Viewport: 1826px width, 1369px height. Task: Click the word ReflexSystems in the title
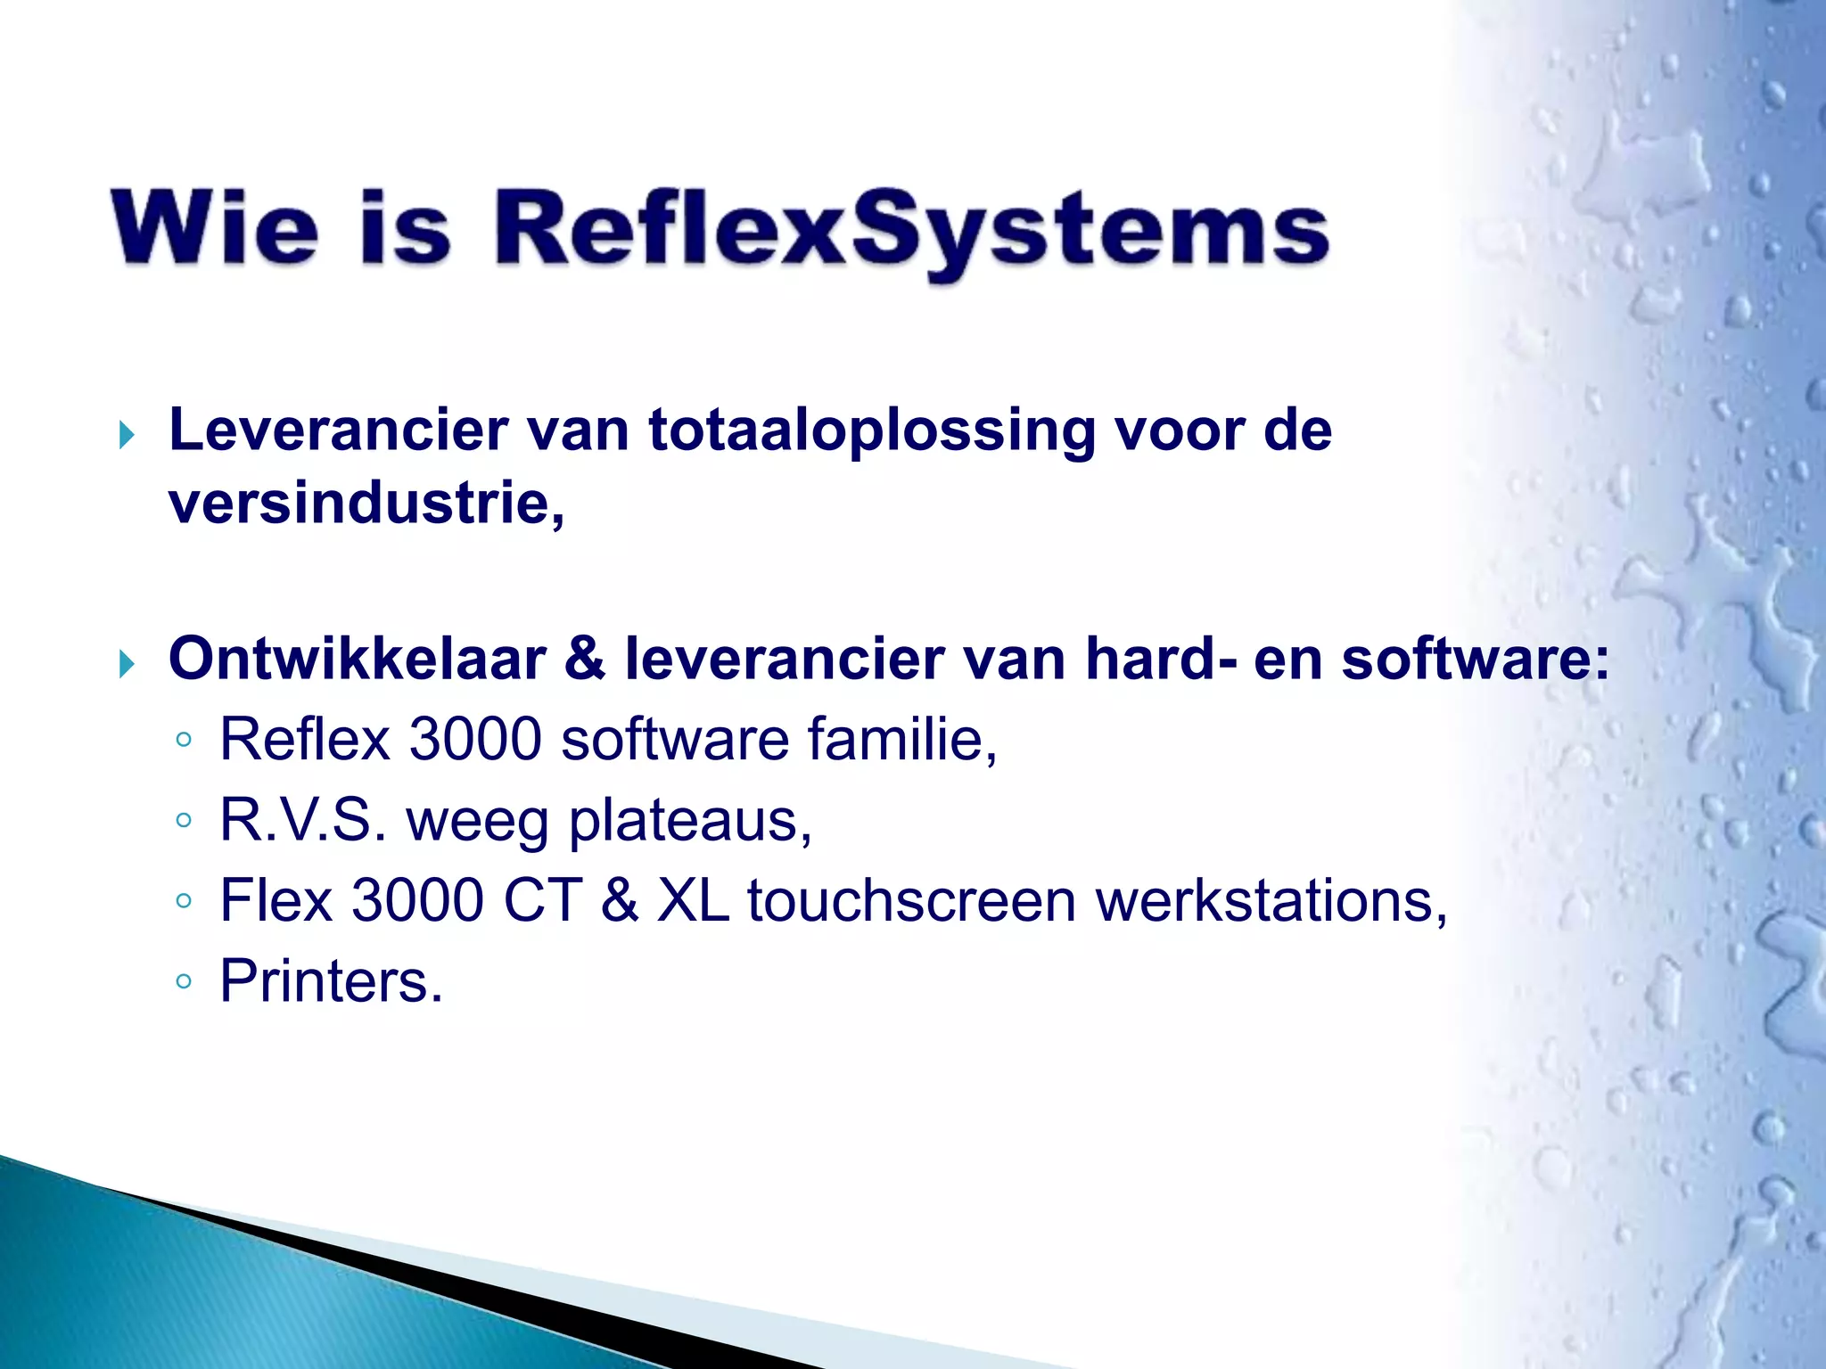click(911, 231)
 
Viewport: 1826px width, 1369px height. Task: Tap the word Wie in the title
click(214, 227)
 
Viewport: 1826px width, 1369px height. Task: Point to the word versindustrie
click(366, 504)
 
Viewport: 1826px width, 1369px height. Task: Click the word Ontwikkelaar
click(357, 660)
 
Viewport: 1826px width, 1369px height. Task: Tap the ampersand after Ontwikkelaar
click(584, 660)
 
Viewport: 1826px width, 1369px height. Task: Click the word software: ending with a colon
click(1476, 660)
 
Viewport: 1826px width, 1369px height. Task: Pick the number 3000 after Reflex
click(475, 740)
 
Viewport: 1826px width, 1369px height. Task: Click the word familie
click(901, 740)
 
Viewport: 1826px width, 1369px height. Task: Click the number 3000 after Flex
click(418, 901)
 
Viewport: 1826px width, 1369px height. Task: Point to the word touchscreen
click(911, 901)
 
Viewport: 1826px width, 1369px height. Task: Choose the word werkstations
click(1271, 901)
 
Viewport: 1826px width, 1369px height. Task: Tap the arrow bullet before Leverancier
click(127, 436)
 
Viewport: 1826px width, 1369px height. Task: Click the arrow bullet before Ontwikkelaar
click(127, 664)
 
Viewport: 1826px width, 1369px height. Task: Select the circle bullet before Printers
click(184, 982)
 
